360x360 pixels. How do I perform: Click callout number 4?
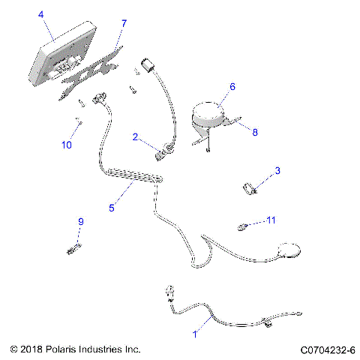pos(40,14)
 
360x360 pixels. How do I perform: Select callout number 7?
pos(124,24)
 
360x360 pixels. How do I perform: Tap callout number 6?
pos(232,87)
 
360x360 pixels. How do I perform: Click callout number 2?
pos(135,137)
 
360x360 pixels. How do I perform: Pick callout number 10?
pos(67,145)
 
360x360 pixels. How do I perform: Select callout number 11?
pos(271,220)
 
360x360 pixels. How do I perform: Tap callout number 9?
pos(82,221)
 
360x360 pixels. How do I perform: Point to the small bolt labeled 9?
pos(73,245)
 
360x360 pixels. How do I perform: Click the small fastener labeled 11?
pos(243,226)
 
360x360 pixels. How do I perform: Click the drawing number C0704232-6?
pos(328,349)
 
